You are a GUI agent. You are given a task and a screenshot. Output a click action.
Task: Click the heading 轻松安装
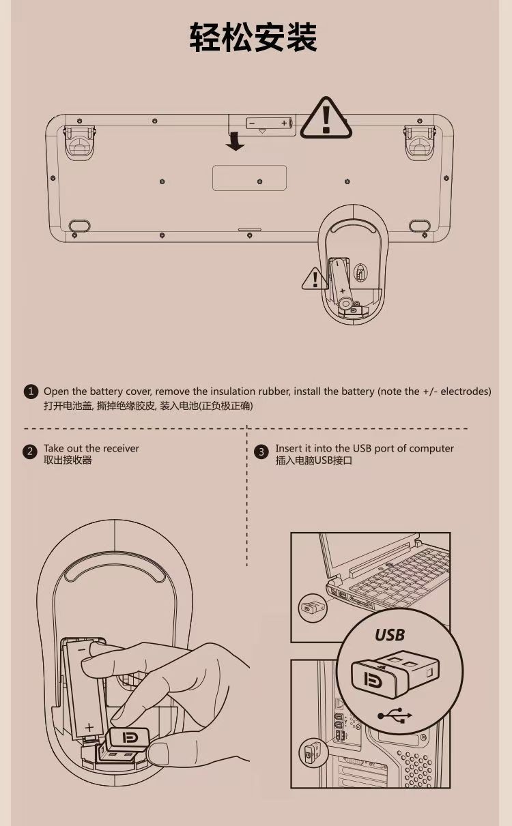(x=253, y=37)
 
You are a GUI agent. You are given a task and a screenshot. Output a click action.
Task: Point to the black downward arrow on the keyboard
(x=235, y=142)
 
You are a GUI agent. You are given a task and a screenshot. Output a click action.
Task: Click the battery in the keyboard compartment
(x=270, y=123)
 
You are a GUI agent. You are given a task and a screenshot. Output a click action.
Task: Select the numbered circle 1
(x=31, y=392)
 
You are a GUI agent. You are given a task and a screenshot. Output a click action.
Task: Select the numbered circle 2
(x=30, y=452)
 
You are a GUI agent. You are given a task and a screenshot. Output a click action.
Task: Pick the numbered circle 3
(x=261, y=452)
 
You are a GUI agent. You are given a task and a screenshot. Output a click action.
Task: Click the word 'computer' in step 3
(x=431, y=449)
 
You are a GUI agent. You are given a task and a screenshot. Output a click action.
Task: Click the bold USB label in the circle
(x=390, y=635)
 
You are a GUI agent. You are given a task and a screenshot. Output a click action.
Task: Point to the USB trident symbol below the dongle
(x=395, y=716)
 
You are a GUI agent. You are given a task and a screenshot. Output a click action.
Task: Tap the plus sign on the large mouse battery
(x=89, y=728)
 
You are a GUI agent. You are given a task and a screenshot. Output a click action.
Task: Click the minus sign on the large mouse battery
(x=83, y=649)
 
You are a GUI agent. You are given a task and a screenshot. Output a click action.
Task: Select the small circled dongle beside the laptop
(x=312, y=607)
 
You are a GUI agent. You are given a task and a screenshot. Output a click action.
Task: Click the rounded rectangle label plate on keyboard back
(x=250, y=178)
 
